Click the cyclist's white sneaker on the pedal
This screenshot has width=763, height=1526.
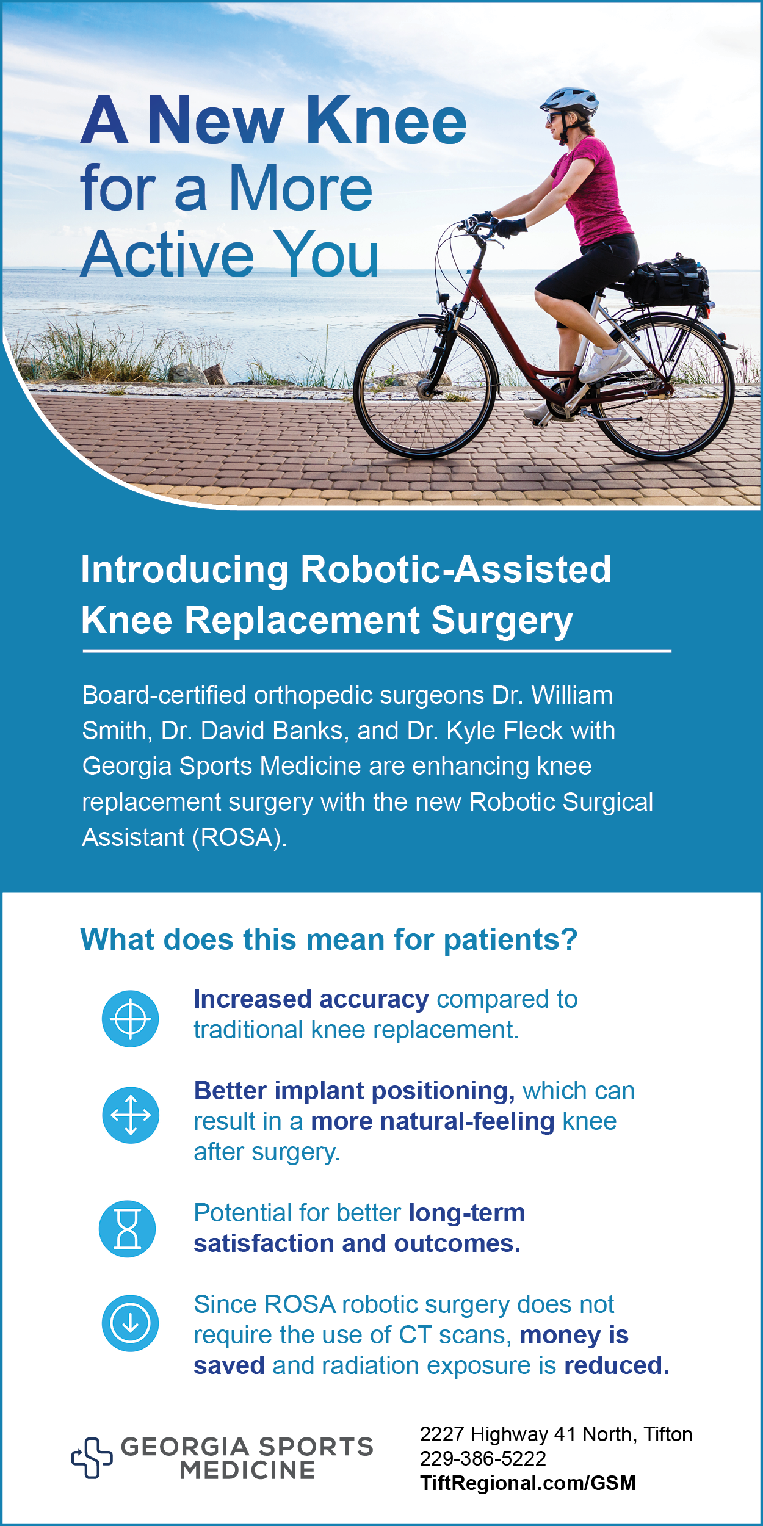(x=604, y=363)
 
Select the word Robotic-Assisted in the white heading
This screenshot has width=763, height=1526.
(x=455, y=570)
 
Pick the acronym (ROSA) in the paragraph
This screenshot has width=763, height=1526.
(x=239, y=838)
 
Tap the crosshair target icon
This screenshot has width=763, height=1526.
(x=131, y=1019)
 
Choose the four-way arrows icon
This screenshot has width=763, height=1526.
(x=131, y=1115)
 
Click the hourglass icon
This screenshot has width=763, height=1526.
(x=128, y=1229)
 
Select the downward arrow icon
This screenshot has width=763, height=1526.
(x=131, y=1323)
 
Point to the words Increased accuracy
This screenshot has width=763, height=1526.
(x=311, y=1000)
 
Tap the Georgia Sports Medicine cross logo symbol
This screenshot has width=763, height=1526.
(x=92, y=1458)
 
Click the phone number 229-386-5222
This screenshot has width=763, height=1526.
(x=483, y=1458)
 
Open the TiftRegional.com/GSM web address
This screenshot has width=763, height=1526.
(x=528, y=1483)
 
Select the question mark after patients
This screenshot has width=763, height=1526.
(x=570, y=939)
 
